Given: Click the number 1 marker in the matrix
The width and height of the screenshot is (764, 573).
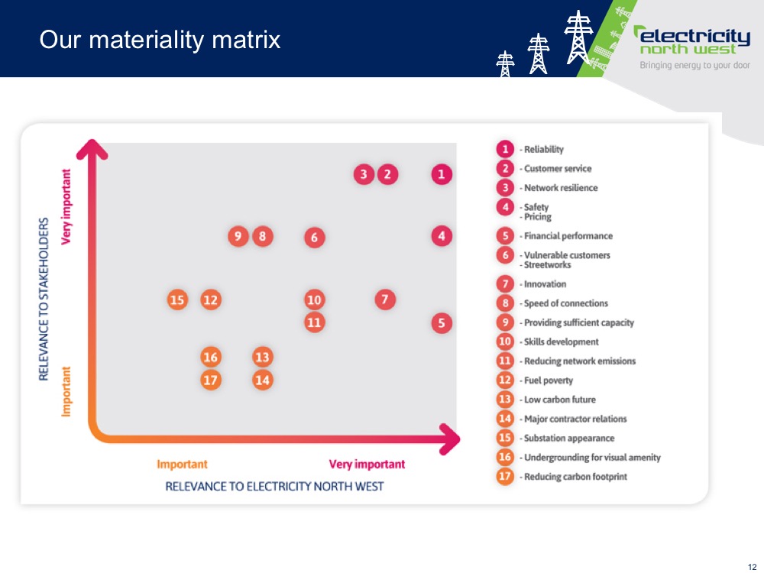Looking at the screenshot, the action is click(442, 174).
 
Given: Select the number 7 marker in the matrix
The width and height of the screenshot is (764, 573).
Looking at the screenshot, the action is click(385, 299).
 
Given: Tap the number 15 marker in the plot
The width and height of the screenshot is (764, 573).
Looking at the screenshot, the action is click(177, 299).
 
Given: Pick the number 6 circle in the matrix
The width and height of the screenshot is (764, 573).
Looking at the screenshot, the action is click(314, 238).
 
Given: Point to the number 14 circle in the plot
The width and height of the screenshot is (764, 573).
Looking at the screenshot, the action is click(263, 380).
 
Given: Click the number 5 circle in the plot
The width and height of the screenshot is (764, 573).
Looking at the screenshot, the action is click(442, 323).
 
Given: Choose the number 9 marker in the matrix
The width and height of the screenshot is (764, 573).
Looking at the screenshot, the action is click(238, 237).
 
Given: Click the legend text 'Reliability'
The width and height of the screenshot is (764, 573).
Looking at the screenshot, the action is click(544, 150).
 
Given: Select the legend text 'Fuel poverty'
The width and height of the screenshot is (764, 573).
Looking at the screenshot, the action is click(549, 380).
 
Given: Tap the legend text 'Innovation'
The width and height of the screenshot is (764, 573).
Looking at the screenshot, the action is click(545, 284).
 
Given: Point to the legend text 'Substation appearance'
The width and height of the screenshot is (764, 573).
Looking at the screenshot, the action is click(569, 438).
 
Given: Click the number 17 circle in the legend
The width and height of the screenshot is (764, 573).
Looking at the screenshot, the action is click(505, 476).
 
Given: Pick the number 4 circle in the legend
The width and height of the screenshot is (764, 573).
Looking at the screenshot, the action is click(505, 207).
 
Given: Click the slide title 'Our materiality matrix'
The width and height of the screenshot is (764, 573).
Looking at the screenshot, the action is click(160, 40).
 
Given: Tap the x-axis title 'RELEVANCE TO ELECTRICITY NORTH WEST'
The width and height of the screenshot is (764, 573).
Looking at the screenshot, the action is click(275, 486).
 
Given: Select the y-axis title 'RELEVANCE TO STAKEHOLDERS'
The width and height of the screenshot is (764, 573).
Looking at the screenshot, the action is click(44, 299).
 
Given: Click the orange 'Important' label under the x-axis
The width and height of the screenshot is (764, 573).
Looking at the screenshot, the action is click(183, 464).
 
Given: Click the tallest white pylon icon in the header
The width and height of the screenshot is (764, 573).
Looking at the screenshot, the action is click(578, 37).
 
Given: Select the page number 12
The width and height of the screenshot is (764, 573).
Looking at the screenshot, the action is click(752, 567).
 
